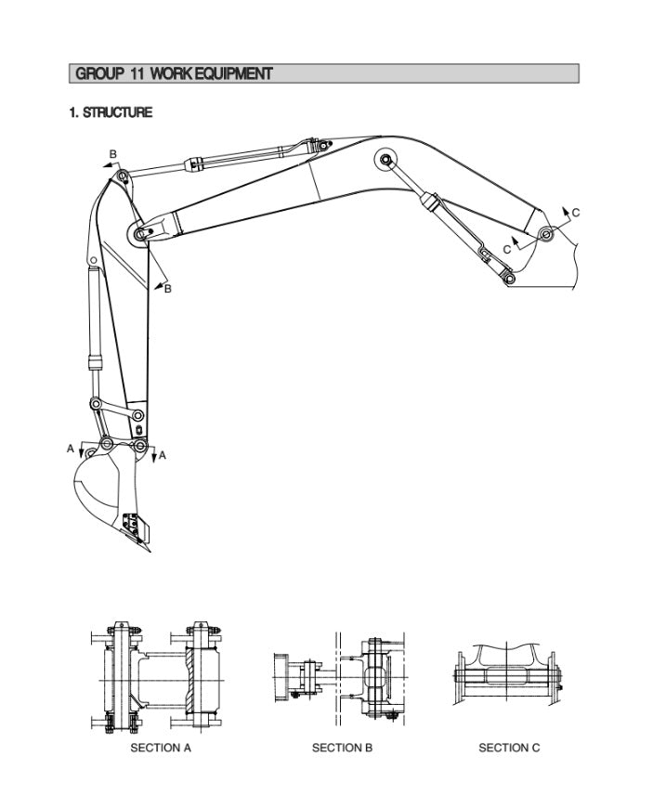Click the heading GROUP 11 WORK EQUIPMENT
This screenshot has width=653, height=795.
[x=174, y=73]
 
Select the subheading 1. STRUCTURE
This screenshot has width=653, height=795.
[x=111, y=112]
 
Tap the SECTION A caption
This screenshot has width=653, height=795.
[x=160, y=748]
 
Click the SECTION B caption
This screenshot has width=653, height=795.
[x=342, y=748]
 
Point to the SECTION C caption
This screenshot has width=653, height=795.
[x=508, y=748]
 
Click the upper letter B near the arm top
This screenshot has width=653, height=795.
[x=112, y=154]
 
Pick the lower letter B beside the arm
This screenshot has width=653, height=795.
[x=167, y=289]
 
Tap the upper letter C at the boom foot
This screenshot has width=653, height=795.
[x=575, y=213]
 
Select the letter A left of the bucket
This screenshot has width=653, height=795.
[x=71, y=450]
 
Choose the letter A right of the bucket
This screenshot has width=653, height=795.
[x=162, y=455]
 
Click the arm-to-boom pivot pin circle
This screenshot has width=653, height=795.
[x=139, y=236]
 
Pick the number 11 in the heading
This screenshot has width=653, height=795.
[x=136, y=73]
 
